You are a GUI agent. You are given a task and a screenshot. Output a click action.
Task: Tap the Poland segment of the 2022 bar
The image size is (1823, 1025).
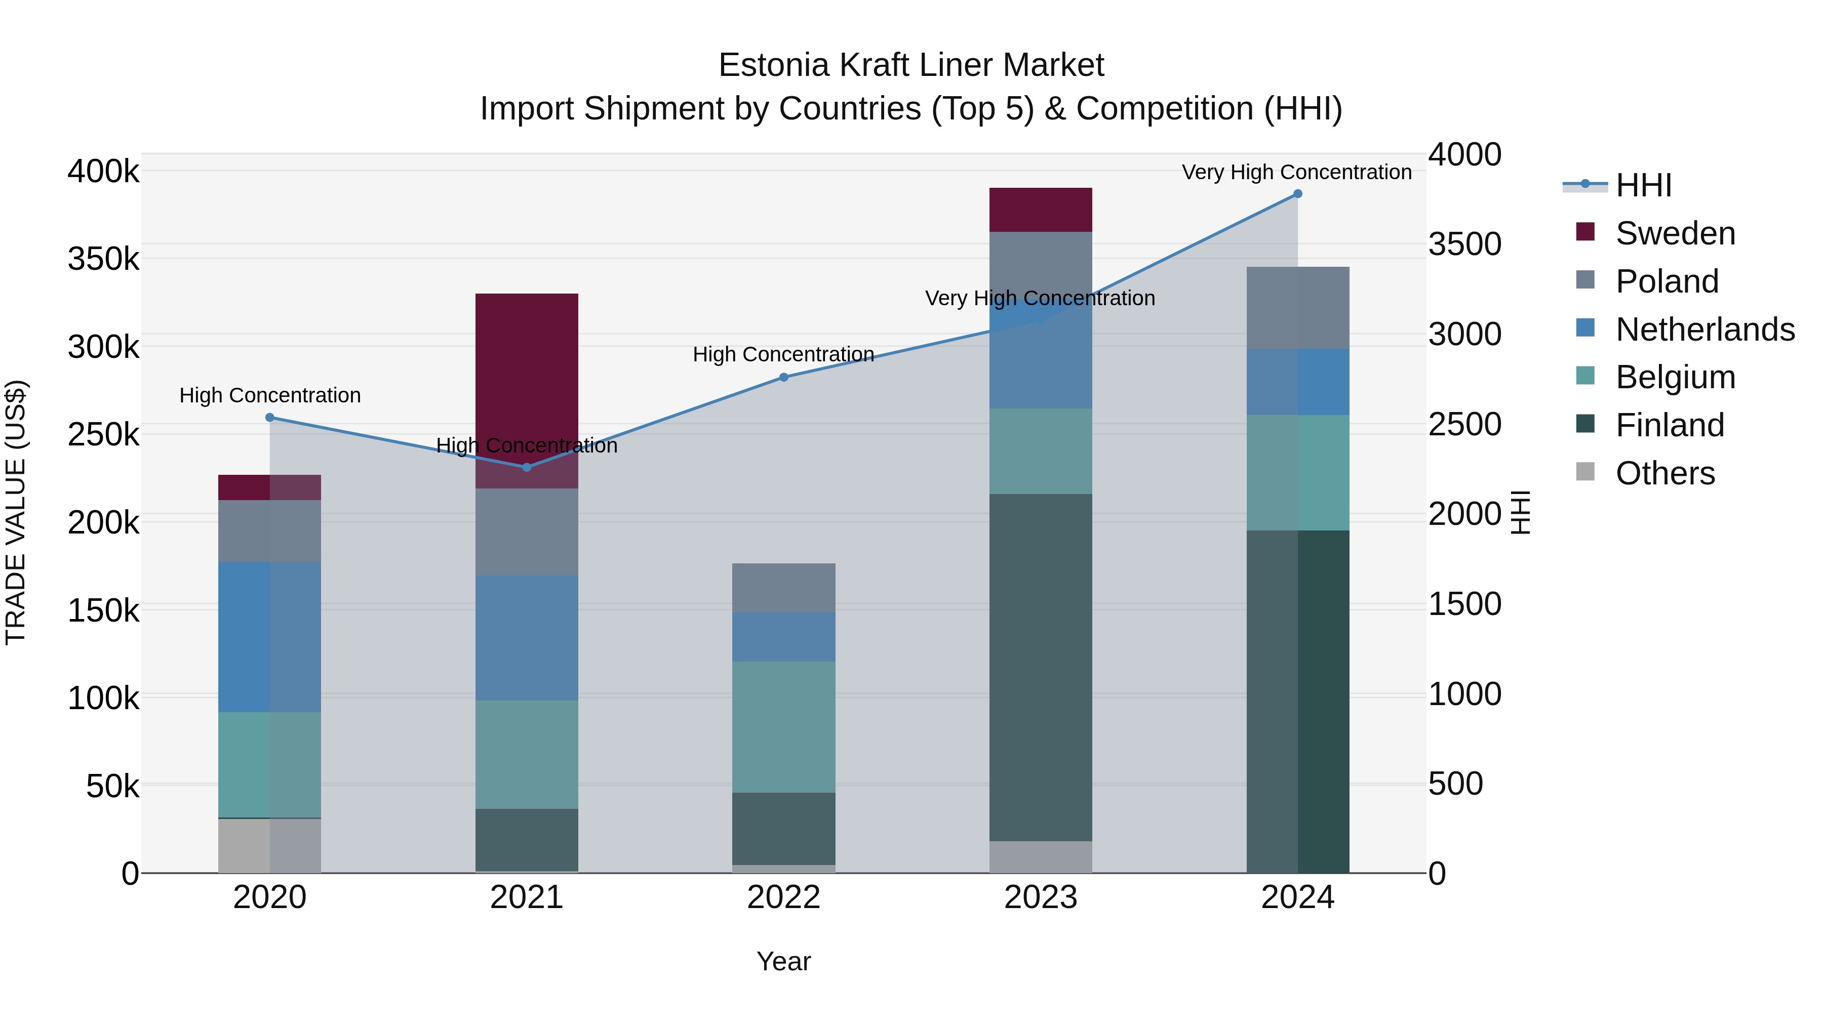tap(783, 587)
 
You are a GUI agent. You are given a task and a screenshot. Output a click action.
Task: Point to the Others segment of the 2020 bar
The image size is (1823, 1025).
tap(269, 845)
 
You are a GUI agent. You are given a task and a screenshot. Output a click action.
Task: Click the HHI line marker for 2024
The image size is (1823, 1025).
tap(1297, 194)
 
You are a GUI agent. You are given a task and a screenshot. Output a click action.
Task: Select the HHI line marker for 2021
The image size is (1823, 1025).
tap(527, 467)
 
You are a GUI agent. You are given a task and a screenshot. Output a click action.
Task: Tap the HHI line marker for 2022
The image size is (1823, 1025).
tap(783, 377)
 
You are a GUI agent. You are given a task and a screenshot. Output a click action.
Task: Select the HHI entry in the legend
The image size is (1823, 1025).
tap(1643, 185)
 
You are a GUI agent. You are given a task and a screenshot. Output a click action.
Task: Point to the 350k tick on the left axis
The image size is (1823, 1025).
tap(103, 259)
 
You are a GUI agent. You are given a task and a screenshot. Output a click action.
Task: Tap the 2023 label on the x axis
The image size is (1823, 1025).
tap(1040, 897)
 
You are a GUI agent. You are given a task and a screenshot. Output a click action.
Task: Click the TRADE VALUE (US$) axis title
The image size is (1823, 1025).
tap(16, 512)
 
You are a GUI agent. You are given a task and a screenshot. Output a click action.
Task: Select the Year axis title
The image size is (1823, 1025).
tap(783, 961)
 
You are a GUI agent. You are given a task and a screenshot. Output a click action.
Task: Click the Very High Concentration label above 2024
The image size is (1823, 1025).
tap(1296, 172)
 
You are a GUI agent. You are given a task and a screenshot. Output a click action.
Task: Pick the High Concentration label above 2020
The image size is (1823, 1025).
tap(269, 395)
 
